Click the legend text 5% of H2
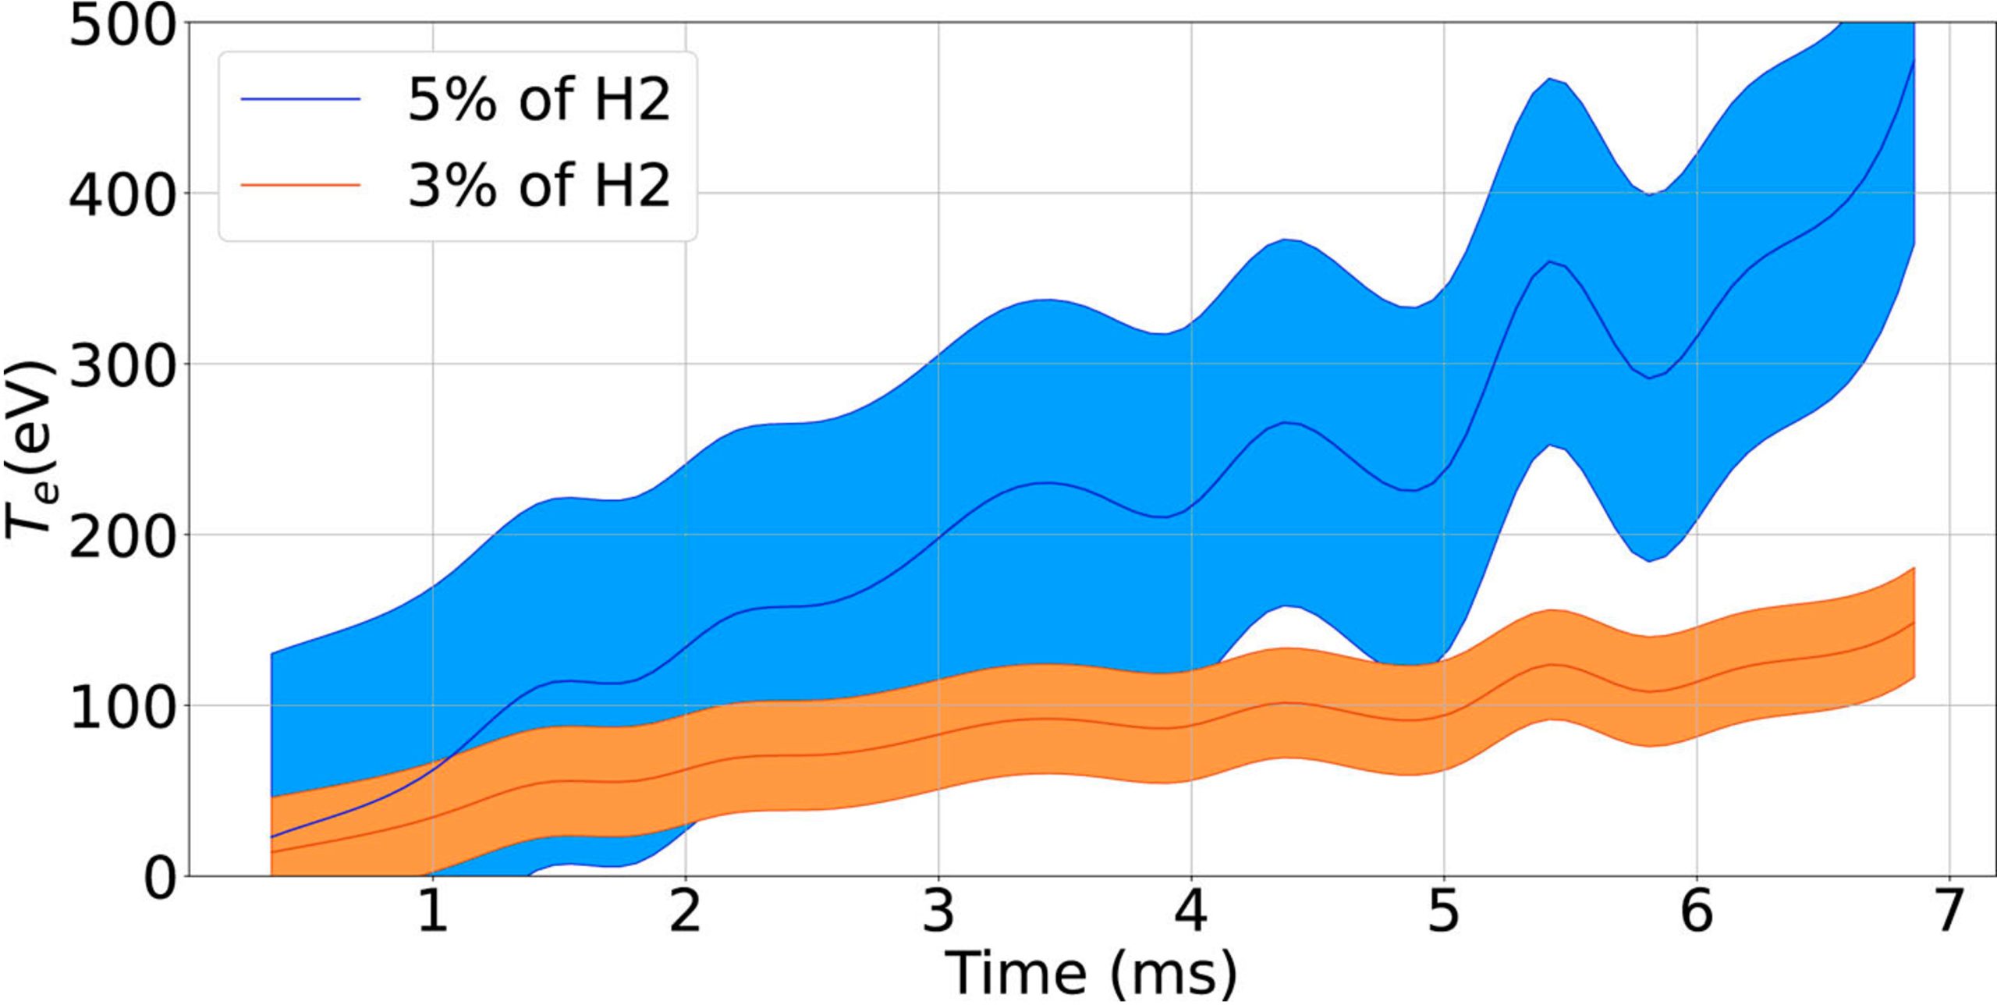point(538,100)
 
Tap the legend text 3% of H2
point(538,185)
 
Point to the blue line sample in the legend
point(300,99)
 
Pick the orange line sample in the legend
point(300,184)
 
